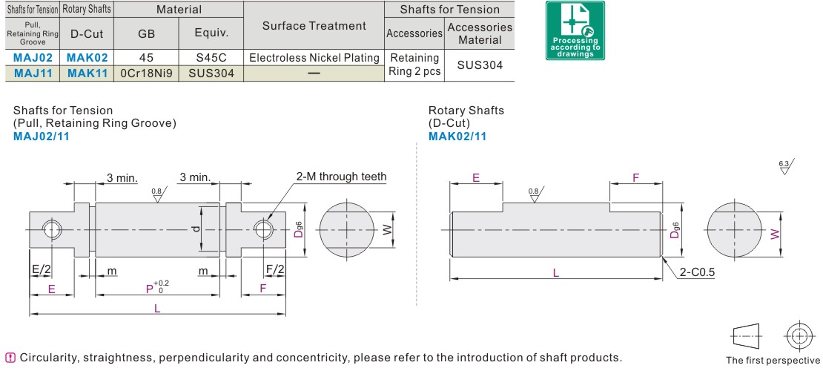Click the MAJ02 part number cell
tap(33, 58)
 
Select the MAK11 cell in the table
tap(87, 73)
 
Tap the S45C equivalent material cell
tap(211, 58)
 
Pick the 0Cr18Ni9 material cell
tap(146, 73)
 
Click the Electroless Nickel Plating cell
tap(314, 58)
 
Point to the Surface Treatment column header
tap(314, 26)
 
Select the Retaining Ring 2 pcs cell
tap(414, 65)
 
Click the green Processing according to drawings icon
tap(575, 30)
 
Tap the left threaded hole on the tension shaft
tap(53, 229)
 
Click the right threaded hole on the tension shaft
tap(262, 229)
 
